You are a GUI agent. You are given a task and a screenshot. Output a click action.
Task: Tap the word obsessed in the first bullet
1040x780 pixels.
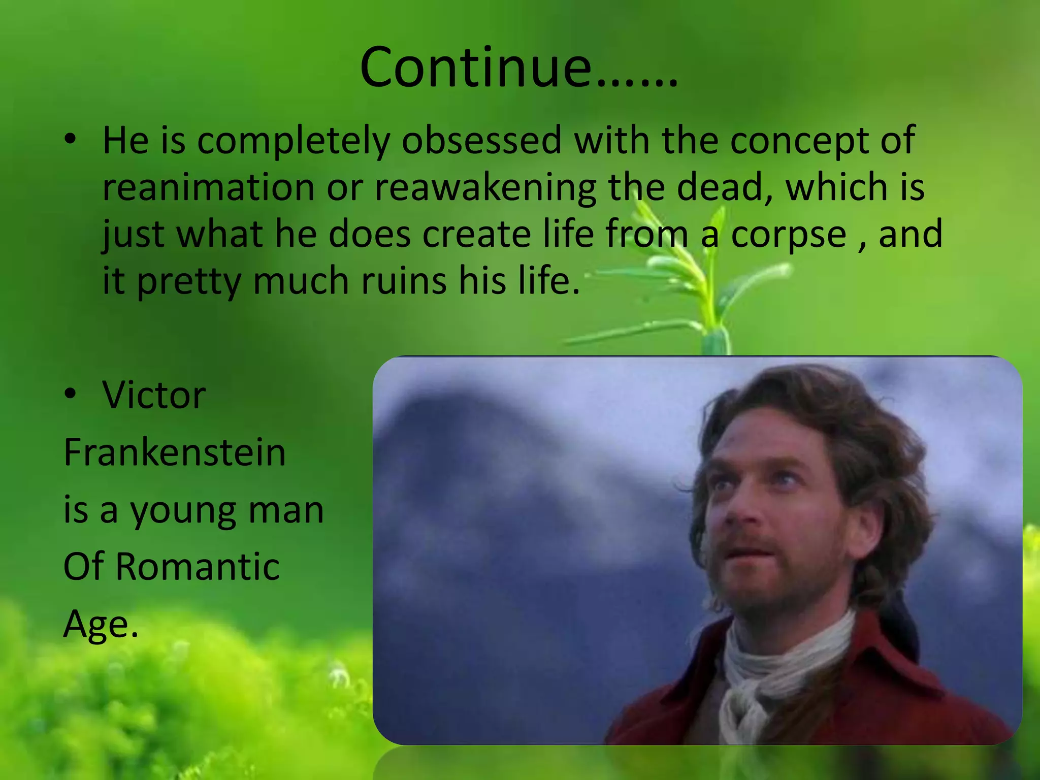[481, 140]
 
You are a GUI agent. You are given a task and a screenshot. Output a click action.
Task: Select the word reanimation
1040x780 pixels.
[209, 187]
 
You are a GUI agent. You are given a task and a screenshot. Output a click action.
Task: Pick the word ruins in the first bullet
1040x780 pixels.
[404, 281]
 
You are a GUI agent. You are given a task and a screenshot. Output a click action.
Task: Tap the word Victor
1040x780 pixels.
[154, 395]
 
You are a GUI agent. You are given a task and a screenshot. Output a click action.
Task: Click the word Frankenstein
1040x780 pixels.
[175, 452]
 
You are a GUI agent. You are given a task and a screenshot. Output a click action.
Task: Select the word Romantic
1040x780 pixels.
[198, 566]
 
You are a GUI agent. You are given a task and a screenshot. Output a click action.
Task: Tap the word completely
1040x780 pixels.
[294, 141]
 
